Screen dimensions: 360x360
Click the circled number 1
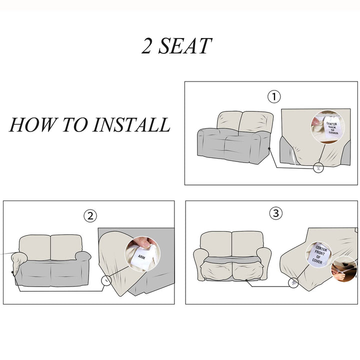point(274,96)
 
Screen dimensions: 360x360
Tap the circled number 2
point(90,216)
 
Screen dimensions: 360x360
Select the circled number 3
point(275,213)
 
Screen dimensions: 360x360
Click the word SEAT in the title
point(185,46)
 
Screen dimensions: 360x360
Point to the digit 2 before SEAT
point(147,46)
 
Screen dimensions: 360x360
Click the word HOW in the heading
point(32,124)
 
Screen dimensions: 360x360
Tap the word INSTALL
point(131,124)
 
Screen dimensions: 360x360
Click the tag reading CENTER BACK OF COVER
point(331,127)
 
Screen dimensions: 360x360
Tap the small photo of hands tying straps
point(344,269)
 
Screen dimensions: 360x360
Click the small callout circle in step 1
point(318,168)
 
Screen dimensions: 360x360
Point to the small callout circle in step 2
point(106,280)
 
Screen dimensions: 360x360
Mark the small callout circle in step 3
point(293,282)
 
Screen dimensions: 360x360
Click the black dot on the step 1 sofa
point(269,148)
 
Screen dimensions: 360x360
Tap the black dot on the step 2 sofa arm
point(12,272)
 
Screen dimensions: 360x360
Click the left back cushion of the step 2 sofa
point(35,247)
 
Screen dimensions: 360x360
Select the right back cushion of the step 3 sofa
point(247,244)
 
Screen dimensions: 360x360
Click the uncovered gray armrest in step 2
point(83,256)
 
